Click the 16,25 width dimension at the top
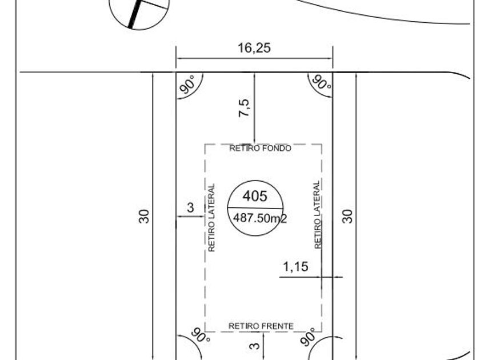[254, 48]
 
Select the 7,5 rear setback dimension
[244, 107]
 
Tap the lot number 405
[255, 196]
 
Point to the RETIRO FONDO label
[261, 148]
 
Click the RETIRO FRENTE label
[261, 326]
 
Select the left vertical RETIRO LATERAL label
[211, 218]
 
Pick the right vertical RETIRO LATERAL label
[318, 214]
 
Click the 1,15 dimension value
[295, 266]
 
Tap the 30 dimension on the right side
[347, 216]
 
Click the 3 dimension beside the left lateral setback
[191, 207]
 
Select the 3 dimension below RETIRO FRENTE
[255, 344]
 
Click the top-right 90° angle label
[320, 85]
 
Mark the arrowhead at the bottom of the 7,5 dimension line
[254, 142]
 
